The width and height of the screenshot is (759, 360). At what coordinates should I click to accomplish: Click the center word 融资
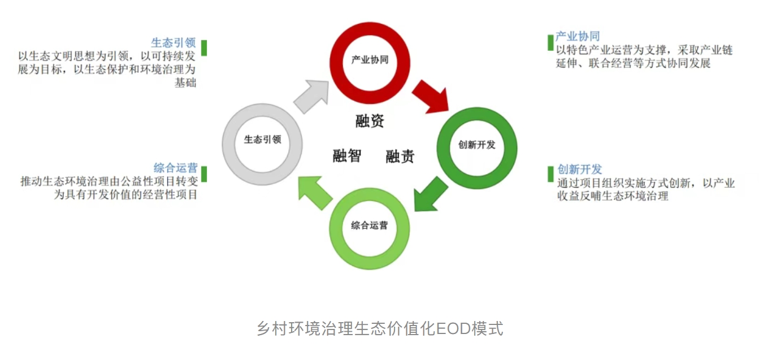click(370, 121)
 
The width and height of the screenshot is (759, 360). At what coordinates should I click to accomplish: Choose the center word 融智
click(346, 155)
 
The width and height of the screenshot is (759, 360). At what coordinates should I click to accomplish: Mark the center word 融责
click(400, 156)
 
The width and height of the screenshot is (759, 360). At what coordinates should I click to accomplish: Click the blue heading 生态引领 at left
click(173, 43)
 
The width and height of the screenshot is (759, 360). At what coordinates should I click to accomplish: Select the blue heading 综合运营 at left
click(175, 168)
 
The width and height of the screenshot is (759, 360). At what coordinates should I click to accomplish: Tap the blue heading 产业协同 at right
click(577, 37)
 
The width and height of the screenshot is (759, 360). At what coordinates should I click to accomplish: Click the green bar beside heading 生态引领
click(204, 47)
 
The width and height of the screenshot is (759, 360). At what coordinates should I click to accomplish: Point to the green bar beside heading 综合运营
click(204, 174)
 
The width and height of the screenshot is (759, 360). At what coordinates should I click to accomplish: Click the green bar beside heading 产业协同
click(550, 42)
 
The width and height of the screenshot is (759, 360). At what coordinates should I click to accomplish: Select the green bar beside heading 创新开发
click(550, 174)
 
